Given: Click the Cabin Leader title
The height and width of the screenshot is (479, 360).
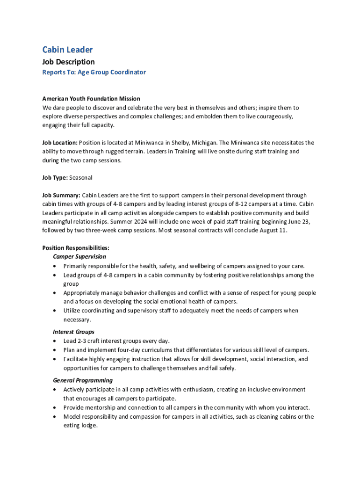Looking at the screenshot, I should coord(67,50).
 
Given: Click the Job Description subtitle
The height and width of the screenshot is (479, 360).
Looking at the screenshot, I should coord(68,62).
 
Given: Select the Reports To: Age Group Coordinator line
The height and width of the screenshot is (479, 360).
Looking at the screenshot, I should coord(94,72).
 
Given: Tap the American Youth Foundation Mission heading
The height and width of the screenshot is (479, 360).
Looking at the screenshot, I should coord(91,99).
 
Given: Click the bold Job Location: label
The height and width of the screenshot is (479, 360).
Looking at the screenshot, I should coord(60,143).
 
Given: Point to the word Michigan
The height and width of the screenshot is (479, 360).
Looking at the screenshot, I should coord(203,143).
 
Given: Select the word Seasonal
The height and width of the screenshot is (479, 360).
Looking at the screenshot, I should coord(81,178).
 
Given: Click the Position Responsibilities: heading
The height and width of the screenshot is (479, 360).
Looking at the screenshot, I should coord(76,248).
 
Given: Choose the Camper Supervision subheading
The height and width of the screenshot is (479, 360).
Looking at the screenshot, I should coord(79,257).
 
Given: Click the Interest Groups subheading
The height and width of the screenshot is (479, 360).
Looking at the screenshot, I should coord(73,332).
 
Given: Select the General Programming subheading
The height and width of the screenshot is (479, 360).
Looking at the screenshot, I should coord(83,380).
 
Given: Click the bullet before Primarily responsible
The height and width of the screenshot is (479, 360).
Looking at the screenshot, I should coord(56,266).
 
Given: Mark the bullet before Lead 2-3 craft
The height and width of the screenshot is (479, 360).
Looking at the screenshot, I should coord(56,341).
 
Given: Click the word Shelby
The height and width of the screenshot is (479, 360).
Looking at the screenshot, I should coord(174,143).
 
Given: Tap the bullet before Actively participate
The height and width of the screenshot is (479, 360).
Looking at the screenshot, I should coord(56,390).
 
